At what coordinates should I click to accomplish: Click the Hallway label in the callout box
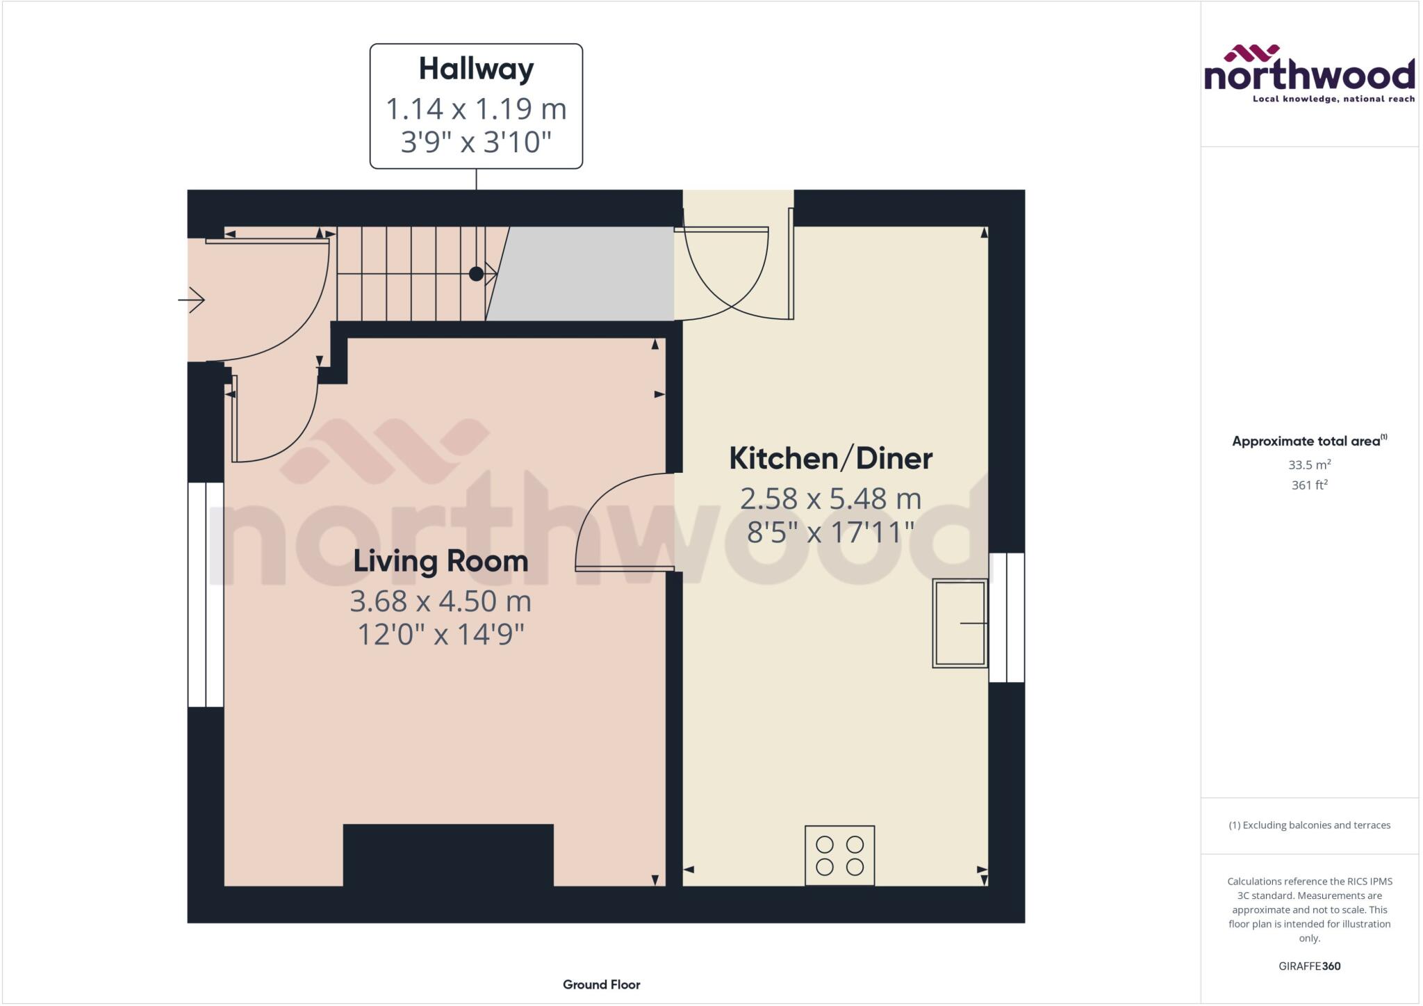(x=476, y=69)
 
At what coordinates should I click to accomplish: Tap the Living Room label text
(x=441, y=561)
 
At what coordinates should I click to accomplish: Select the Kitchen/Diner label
(x=830, y=458)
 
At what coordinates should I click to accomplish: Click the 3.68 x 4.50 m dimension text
(x=441, y=601)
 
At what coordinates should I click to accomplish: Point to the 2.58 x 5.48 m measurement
(x=830, y=498)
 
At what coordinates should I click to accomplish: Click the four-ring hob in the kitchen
(x=839, y=855)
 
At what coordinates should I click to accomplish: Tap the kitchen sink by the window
(x=960, y=624)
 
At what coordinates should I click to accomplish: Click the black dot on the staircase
(x=476, y=274)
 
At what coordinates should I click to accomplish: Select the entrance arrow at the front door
(x=192, y=300)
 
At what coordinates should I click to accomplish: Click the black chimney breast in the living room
(x=448, y=854)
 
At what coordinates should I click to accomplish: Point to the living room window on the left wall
(x=206, y=594)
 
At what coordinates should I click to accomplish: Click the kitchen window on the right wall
(x=1006, y=617)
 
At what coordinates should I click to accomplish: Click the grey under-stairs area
(x=584, y=274)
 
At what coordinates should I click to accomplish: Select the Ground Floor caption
(x=601, y=984)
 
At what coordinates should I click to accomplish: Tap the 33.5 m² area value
(x=1309, y=464)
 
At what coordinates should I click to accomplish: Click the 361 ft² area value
(x=1309, y=485)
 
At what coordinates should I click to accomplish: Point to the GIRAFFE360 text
(x=1309, y=966)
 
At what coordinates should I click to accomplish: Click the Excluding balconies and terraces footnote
(x=1309, y=825)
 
